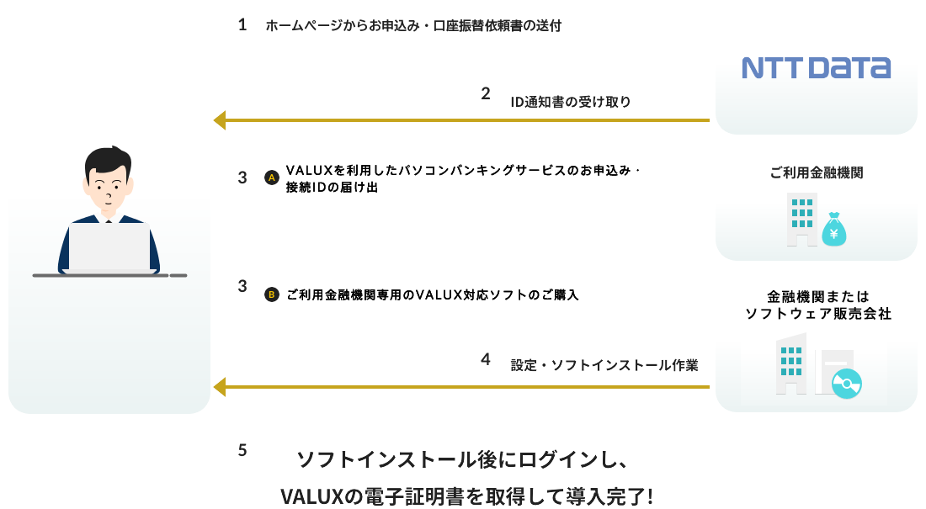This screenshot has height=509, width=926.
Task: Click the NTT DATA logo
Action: tap(815, 67)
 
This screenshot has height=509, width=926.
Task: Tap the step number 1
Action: tap(242, 25)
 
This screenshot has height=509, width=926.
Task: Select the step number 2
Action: tap(486, 93)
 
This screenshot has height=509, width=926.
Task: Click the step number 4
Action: tap(486, 359)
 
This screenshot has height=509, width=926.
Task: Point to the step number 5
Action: tap(242, 450)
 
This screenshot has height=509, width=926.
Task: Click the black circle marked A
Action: tap(271, 178)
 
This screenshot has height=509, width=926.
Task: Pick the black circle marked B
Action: tap(271, 294)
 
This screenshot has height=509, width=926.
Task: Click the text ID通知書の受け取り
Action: tap(570, 103)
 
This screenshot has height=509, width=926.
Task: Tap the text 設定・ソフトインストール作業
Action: tap(604, 366)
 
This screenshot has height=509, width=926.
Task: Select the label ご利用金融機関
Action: tap(816, 173)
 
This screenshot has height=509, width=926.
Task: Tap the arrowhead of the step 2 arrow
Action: tap(220, 120)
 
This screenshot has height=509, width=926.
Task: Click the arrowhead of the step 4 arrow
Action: tap(220, 387)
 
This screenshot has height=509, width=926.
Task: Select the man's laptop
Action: tap(109, 247)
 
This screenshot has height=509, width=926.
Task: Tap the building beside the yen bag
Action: tap(801, 220)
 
